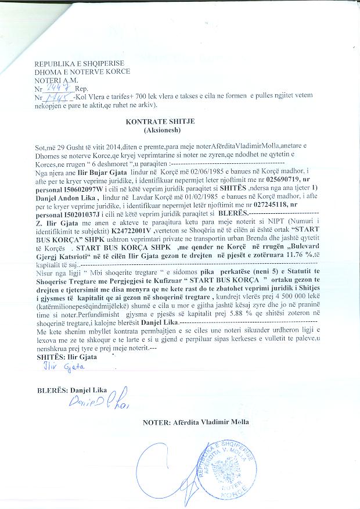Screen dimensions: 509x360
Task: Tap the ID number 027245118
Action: [270, 207]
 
